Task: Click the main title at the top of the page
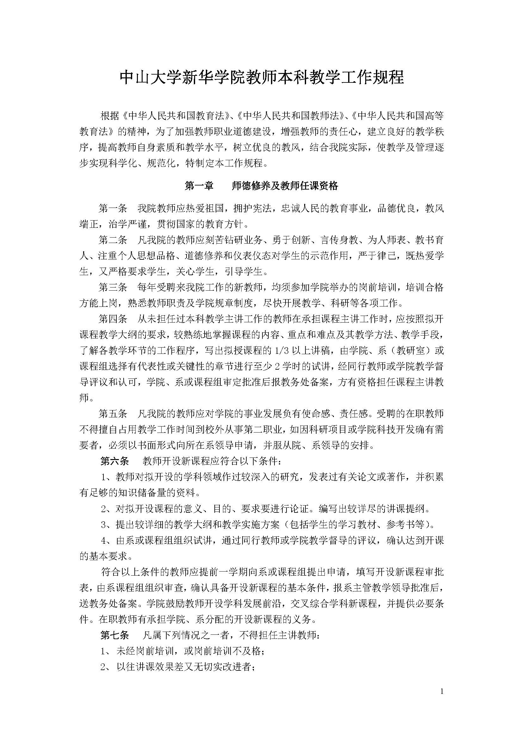[261, 78]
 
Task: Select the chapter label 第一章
[199, 186]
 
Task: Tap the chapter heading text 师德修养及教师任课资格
[285, 186]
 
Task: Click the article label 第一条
[113, 209]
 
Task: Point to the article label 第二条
[113, 240]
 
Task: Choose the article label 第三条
[113, 287]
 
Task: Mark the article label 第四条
[113, 319]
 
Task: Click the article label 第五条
[113, 414]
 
